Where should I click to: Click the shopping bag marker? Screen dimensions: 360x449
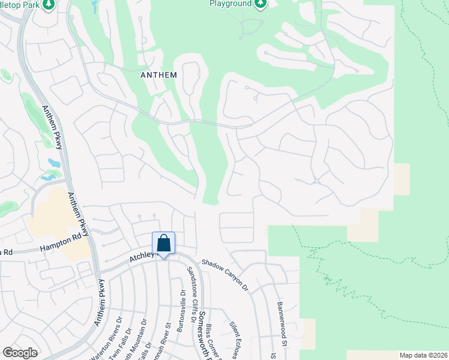pos(163,244)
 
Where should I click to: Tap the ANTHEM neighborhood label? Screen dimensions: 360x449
pos(158,75)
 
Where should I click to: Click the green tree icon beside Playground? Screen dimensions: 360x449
pos(260,4)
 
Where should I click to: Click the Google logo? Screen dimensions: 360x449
pos(20,352)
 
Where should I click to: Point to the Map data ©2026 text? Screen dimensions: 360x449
pos(423,355)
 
